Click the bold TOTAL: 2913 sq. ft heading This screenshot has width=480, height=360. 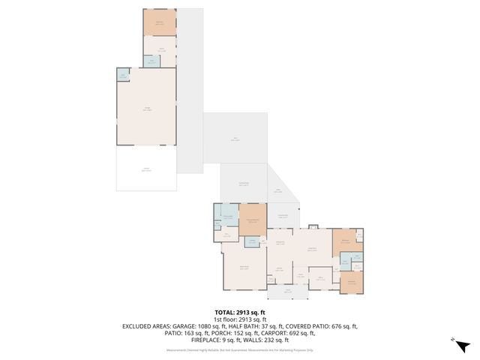coord(240,312)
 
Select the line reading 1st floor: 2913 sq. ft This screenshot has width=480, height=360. coord(240,319)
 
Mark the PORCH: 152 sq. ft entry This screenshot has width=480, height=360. coord(203,333)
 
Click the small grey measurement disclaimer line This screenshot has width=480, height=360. coord(240,350)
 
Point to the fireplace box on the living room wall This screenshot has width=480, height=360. coord(313,226)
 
